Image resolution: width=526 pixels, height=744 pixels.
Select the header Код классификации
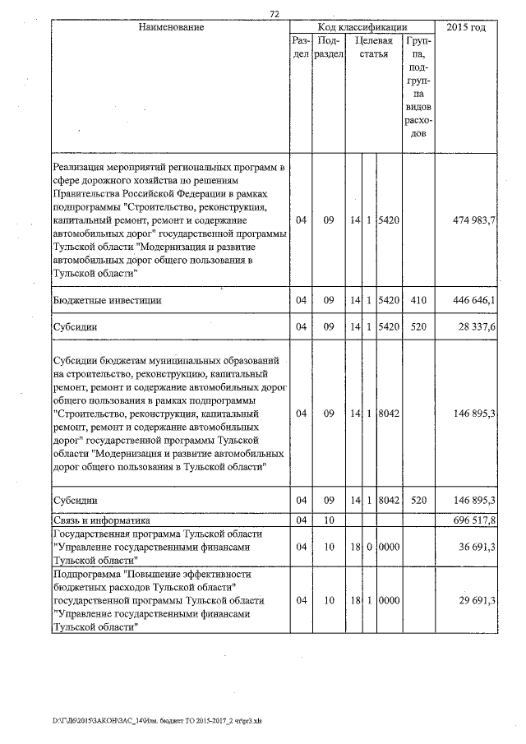(x=361, y=28)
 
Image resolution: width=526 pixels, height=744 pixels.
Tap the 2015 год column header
(x=466, y=28)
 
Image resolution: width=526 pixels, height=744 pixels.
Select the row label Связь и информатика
(x=103, y=520)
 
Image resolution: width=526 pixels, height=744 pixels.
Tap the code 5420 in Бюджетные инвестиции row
(x=389, y=301)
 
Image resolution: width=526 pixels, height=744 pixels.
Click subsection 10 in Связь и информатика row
(x=327, y=520)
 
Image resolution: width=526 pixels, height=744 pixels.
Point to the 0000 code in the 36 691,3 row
(x=389, y=546)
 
